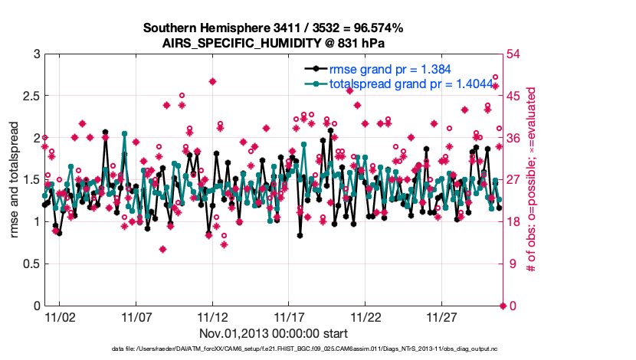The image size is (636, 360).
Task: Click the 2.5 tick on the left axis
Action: point(30,97)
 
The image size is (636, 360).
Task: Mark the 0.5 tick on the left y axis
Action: point(30,264)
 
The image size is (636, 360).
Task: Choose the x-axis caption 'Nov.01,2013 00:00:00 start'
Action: point(274,334)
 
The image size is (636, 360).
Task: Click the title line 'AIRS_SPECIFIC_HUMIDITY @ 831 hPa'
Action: point(274,43)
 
